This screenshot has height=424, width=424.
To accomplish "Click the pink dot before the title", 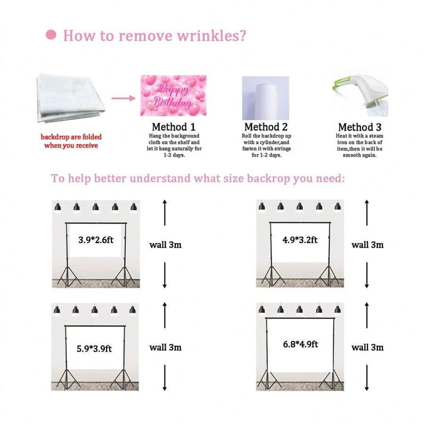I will click(x=51, y=35).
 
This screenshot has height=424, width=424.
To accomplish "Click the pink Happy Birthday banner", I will click(x=173, y=95).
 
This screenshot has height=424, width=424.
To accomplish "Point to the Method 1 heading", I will click(x=173, y=127).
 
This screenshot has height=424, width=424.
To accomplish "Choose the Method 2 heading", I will click(x=266, y=127).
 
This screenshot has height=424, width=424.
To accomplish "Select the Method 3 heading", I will click(x=359, y=127).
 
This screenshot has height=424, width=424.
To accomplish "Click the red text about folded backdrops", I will click(x=71, y=141).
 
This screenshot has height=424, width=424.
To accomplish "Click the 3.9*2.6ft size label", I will click(x=97, y=239).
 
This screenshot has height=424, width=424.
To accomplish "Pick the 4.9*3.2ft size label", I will click(x=300, y=240).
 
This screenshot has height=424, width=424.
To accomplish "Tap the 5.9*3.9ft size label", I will click(x=94, y=349).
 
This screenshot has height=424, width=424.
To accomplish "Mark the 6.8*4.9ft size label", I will click(x=300, y=344).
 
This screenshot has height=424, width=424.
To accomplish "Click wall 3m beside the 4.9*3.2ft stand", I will click(x=367, y=245).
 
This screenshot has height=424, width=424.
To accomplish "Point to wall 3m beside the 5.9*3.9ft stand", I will click(x=165, y=348).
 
